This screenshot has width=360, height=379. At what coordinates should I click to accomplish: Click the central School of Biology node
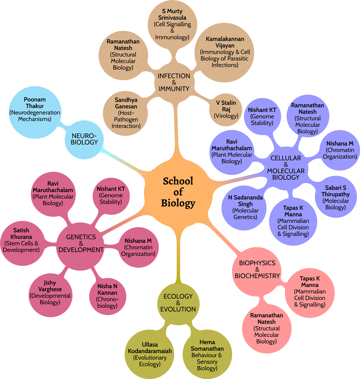(178, 192)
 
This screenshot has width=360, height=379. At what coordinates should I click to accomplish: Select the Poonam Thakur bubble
(35, 109)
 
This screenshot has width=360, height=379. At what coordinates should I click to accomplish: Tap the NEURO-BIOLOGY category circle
(84, 139)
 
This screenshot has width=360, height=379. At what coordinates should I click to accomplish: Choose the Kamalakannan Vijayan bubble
(225, 52)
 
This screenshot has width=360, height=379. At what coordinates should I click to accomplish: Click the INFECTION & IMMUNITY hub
(174, 82)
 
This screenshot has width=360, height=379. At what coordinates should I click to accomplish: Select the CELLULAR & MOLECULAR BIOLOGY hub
(285, 168)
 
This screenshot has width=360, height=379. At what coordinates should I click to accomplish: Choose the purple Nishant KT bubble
(262, 116)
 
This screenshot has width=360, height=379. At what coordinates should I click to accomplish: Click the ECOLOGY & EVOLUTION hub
(178, 303)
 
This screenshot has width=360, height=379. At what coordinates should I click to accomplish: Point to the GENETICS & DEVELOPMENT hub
(81, 243)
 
